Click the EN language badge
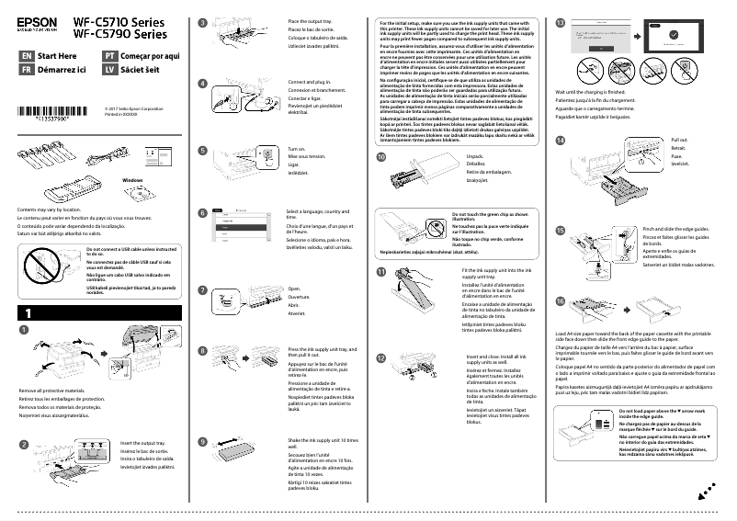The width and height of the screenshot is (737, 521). tap(26, 56)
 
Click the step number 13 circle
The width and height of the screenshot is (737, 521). tap(561, 21)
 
